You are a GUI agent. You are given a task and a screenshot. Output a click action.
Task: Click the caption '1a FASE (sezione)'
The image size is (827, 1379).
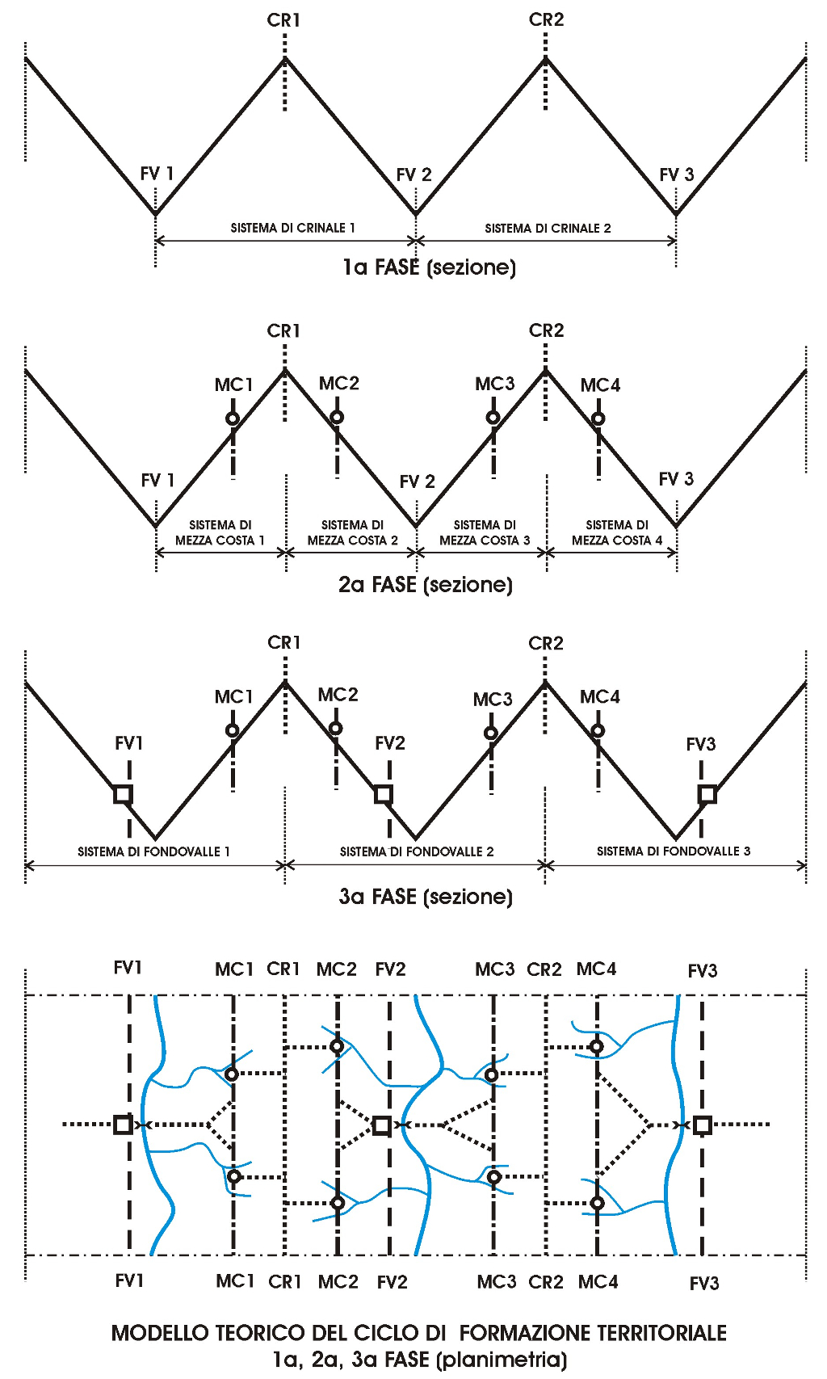click(429, 267)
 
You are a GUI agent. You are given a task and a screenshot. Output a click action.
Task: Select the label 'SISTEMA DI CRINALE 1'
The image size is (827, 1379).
click(292, 228)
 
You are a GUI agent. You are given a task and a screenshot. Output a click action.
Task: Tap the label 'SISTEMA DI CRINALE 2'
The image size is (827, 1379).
click(548, 229)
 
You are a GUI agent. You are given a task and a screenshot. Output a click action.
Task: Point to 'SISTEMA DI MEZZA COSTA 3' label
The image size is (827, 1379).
click(485, 532)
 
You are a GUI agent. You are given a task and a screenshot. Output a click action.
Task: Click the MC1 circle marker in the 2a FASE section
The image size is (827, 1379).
click(233, 418)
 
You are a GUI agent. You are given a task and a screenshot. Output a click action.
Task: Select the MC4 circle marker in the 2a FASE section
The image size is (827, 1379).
click(598, 418)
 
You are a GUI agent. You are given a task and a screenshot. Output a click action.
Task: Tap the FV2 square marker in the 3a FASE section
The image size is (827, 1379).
click(384, 794)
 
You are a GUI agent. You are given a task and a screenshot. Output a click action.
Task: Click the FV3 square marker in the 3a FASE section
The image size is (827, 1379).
click(707, 794)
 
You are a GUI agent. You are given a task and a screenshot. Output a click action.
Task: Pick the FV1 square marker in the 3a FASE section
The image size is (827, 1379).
click(123, 794)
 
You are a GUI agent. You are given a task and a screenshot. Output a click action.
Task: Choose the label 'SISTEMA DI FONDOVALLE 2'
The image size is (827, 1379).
click(416, 851)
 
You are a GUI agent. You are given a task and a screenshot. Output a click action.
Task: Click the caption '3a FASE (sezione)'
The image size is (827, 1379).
click(426, 897)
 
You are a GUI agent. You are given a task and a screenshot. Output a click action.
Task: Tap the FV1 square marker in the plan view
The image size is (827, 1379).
click(123, 1125)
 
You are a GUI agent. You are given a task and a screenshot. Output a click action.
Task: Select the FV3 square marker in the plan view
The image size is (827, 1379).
click(702, 1125)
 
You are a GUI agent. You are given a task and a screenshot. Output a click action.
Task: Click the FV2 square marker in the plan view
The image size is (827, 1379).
click(382, 1125)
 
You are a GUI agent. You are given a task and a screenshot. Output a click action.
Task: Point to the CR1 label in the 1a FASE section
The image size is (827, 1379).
click(283, 20)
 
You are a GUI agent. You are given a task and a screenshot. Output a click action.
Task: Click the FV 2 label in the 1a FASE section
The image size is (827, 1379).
click(413, 175)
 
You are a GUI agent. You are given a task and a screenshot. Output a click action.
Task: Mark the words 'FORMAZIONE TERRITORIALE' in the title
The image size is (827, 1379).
click(593, 1333)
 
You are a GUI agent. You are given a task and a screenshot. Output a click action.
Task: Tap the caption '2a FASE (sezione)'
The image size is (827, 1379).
click(426, 585)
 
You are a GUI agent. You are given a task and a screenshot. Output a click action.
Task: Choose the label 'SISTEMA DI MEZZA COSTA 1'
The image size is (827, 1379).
click(220, 532)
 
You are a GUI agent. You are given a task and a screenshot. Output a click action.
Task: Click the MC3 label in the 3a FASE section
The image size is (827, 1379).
click(493, 700)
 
